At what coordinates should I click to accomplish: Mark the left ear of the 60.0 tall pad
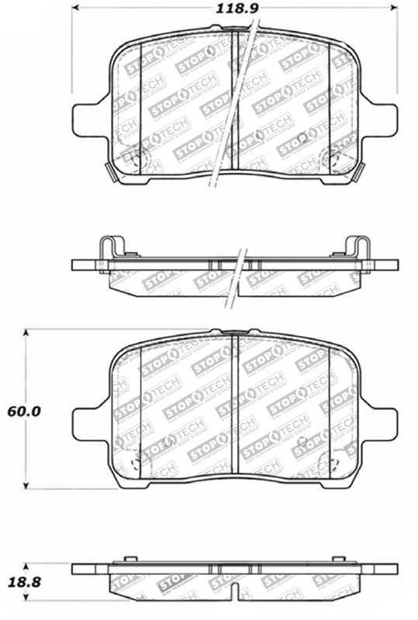pos(85,422)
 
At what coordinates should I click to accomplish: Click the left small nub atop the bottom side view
pos(124,560)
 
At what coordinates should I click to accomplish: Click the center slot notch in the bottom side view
pos(234,570)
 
